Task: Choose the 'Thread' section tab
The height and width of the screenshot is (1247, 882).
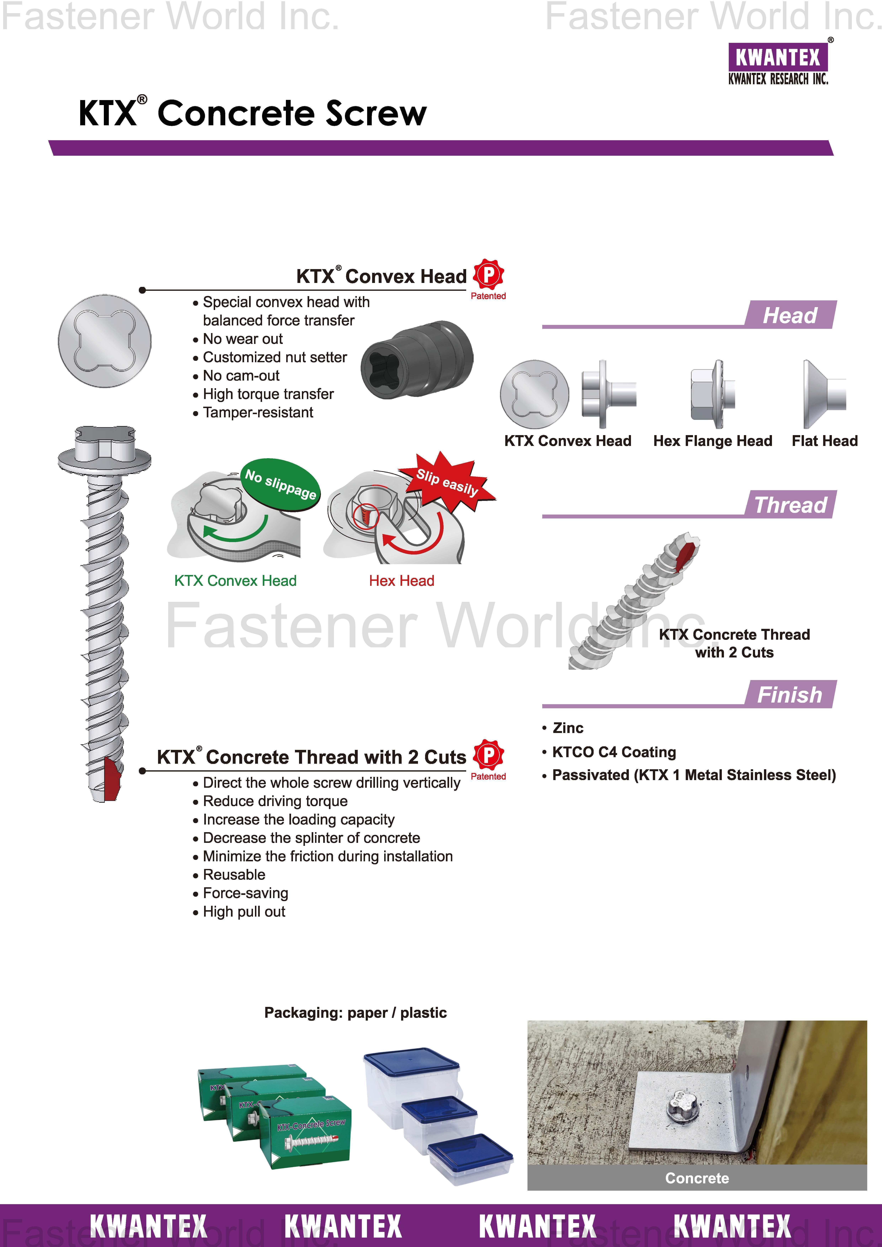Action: click(790, 505)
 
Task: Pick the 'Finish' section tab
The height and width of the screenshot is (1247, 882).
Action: click(790, 694)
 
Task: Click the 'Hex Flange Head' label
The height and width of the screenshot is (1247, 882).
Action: click(712, 441)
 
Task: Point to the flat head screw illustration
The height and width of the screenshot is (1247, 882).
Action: click(824, 394)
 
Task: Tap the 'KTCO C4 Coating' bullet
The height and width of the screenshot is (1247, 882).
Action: click(614, 752)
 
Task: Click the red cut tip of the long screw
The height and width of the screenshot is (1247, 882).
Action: click(111, 778)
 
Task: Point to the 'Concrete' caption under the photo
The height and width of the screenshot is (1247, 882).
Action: click(697, 1178)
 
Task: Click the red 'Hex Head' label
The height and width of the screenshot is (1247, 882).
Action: click(402, 581)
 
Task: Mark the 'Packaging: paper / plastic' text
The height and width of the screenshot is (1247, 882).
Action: click(355, 1013)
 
